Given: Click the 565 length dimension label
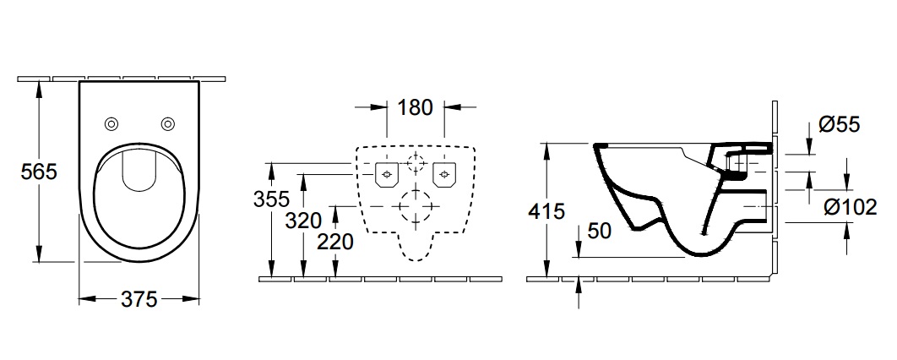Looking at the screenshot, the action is [39, 172].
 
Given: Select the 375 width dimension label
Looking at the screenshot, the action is [139, 299].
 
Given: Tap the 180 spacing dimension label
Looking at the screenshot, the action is [415, 107].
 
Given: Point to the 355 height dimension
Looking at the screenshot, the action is [271, 199].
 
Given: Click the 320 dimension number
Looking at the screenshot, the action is [303, 221].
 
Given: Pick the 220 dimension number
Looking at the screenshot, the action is [335, 242].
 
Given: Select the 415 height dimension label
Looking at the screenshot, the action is [546, 211].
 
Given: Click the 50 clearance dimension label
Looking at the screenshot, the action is [600, 231].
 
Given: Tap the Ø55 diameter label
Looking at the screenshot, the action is [840, 124].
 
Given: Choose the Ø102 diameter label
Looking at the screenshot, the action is [850, 207].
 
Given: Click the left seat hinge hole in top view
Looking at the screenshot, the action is [111, 123].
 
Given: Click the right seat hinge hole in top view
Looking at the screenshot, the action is [167, 123].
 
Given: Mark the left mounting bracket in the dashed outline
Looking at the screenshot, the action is [386, 174].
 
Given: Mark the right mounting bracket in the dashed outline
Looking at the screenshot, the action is [444, 174].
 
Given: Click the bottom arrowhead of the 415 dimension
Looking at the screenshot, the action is [546, 268].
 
